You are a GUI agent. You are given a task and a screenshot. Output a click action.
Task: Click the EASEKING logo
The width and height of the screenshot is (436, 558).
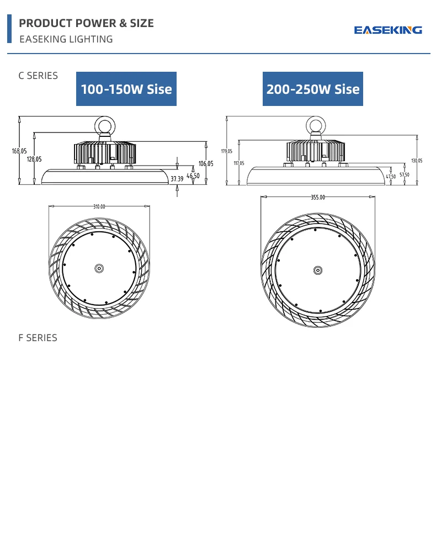point(388,30)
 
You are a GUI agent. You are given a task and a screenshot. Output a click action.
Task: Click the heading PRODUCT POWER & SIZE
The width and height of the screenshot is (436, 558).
point(86,23)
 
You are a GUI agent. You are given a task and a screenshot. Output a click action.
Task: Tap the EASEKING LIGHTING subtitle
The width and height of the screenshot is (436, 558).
point(66,39)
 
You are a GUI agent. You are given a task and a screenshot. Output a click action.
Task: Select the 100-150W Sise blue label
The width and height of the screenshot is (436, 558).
point(126,89)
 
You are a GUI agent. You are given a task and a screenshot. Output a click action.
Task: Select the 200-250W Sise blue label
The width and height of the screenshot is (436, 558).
point(313,89)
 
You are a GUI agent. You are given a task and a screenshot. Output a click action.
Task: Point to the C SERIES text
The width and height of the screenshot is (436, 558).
point(38,76)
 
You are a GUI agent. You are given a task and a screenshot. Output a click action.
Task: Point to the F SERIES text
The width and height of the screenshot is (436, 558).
point(38,337)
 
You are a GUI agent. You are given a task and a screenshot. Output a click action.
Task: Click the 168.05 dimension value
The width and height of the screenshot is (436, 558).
point(19,151)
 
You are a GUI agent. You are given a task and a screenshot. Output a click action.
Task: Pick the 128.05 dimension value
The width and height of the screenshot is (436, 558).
point(34,159)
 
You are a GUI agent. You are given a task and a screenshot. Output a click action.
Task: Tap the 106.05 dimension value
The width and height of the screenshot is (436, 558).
point(206,163)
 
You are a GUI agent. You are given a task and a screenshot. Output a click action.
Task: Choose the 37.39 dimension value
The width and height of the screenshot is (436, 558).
point(177,179)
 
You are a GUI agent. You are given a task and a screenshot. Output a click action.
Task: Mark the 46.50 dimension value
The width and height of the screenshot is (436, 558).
point(193,176)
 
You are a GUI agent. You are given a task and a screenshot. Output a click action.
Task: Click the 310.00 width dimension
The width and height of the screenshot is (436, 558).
point(99,206)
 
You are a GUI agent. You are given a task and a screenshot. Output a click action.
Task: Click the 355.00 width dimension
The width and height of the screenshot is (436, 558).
point(318,197)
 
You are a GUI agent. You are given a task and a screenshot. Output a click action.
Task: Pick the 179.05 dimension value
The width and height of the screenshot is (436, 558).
point(227,151)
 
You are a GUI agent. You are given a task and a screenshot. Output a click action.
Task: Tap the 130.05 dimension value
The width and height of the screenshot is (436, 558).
point(417,161)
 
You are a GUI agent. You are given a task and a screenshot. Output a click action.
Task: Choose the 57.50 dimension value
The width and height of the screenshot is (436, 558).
point(405,174)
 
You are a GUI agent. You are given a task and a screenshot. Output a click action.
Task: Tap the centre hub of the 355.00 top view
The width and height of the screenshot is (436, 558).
point(318,270)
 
